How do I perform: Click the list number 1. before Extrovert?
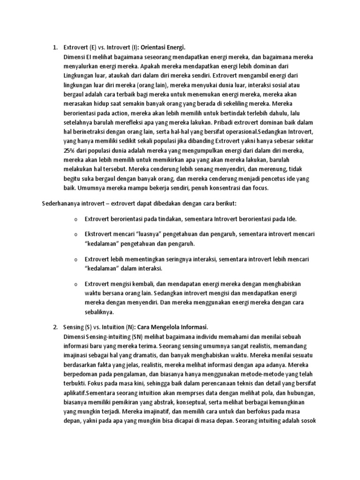coord(54,48)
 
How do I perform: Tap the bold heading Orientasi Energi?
coord(162,48)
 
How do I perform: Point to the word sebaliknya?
coord(100,312)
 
